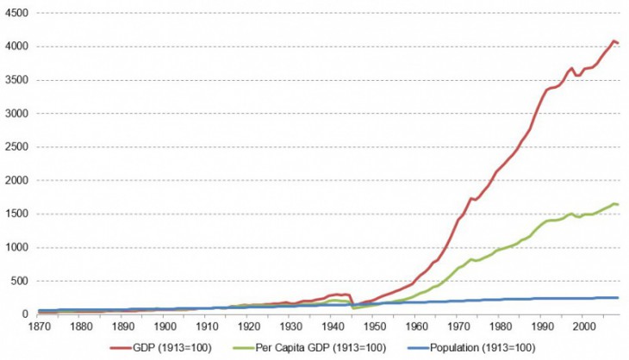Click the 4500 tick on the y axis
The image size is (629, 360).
[16, 14]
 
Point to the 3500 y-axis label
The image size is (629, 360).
[16, 80]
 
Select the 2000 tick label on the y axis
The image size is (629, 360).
[16, 180]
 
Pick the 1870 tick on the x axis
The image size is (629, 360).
[39, 327]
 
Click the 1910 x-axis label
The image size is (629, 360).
[206, 327]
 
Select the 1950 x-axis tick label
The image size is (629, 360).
[373, 327]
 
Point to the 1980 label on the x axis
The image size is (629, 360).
[499, 327]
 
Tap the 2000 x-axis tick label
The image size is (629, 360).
[582, 327]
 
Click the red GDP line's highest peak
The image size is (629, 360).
[613, 40]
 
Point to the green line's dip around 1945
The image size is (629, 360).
[354, 307]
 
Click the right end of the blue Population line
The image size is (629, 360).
[618, 298]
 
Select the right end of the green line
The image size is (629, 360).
[618, 204]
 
